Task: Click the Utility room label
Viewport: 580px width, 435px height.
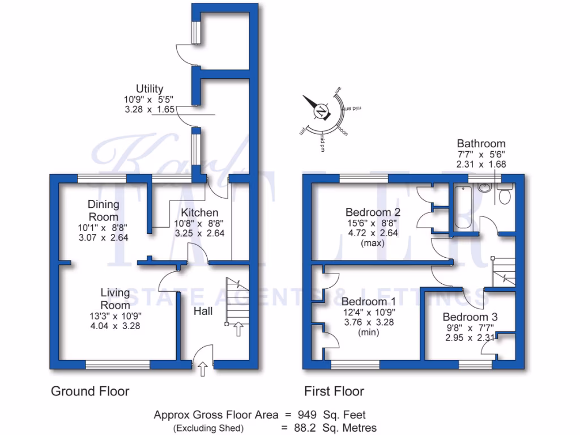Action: point(150,89)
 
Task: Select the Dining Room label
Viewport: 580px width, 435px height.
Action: point(103,210)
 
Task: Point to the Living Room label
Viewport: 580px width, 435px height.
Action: point(115,298)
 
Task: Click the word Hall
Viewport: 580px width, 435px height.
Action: point(203,312)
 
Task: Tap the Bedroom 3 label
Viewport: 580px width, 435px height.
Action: point(470,317)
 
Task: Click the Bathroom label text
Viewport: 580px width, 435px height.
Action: point(481,144)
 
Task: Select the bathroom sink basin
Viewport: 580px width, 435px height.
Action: point(485,187)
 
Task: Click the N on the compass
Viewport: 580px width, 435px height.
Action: point(321,111)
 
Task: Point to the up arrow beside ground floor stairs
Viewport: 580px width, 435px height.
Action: point(238,329)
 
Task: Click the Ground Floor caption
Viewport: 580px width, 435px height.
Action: point(90,391)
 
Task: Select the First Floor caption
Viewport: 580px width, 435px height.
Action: point(334,391)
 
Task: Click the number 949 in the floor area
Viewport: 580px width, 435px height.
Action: point(309,415)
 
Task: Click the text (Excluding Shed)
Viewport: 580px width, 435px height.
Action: point(208,428)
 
